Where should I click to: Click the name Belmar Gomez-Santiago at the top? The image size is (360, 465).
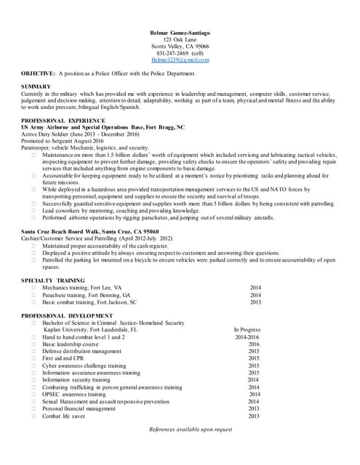click(180, 33)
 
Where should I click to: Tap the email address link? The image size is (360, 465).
click(180, 60)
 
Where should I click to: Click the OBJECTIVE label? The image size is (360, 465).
click(38, 73)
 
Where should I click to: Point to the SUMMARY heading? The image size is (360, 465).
click(36, 87)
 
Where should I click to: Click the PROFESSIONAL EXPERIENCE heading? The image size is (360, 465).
click(63, 120)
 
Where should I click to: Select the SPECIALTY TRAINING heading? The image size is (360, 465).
click(52, 280)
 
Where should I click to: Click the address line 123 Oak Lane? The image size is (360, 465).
click(180, 40)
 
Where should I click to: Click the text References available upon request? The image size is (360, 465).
click(191, 429)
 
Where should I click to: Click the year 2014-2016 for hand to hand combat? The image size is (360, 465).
click(247, 337)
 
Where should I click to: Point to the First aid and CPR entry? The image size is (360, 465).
click(63, 358)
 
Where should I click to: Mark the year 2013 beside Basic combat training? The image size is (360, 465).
click(255, 302)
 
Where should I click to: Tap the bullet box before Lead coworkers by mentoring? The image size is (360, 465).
click(34, 211)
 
